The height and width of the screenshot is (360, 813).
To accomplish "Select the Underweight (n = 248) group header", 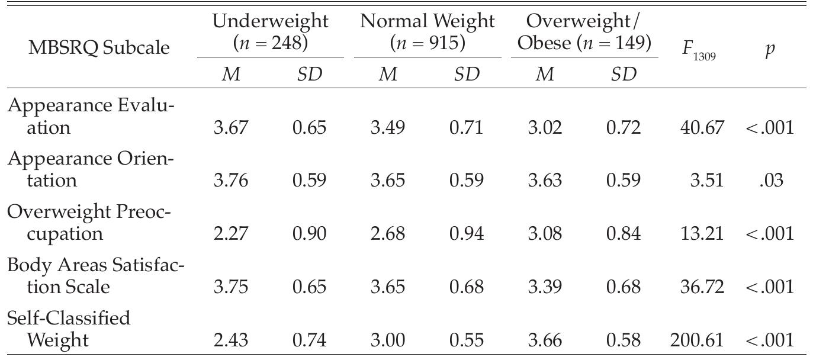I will pyautogui.click(x=270, y=32).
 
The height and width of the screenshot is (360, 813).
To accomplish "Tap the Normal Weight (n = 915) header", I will pyautogui.click(x=427, y=32).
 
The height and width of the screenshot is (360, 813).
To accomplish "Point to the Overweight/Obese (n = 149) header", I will pyautogui.click(x=584, y=32).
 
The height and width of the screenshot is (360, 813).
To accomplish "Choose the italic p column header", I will pyautogui.click(x=769, y=49).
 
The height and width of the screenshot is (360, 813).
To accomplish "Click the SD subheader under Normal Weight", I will pyautogui.click(x=466, y=74).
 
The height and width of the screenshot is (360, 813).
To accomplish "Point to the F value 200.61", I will pyautogui.click(x=697, y=340).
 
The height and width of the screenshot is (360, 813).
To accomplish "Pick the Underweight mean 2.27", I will pyautogui.click(x=230, y=233).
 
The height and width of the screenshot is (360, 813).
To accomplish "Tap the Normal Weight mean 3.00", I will pyautogui.click(x=387, y=340).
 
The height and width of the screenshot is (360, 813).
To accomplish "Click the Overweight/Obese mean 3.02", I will pyautogui.click(x=544, y=127).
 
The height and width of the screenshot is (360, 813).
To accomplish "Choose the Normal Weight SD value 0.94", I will pyautogui.click(x=466, y=233).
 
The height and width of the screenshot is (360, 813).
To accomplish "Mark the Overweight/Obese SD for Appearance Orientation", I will pyautogui.click(x=623, y=180).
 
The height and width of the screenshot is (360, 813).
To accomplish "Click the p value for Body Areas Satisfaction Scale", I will pyautogui.click(x=770, y=287).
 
